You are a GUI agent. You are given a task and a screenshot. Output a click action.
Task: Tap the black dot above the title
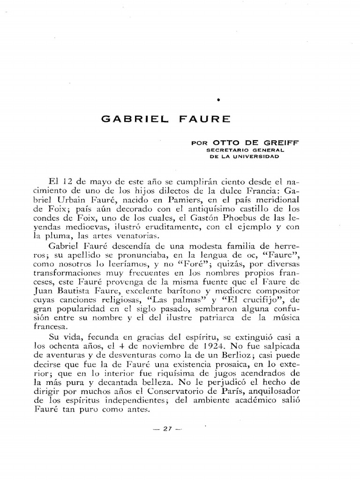point(219,100)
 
